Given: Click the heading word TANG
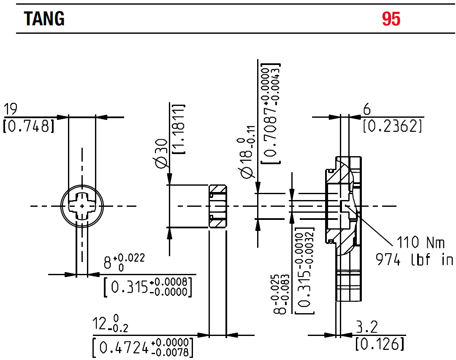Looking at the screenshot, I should [44, 19].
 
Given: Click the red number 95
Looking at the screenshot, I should [391, 19].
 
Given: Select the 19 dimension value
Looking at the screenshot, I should [11, 110].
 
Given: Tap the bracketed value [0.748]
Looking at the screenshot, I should [29, 126].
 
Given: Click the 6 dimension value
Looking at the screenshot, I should [367, 110].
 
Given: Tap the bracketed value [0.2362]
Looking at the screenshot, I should [392, 126].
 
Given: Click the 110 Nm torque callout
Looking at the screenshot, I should [420, 243].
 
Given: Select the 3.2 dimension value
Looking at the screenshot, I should [367, 327].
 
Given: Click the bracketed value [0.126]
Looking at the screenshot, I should [380, 344].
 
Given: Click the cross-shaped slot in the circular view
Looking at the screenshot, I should [82, 206].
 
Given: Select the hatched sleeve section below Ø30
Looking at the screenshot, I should [218, 206].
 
